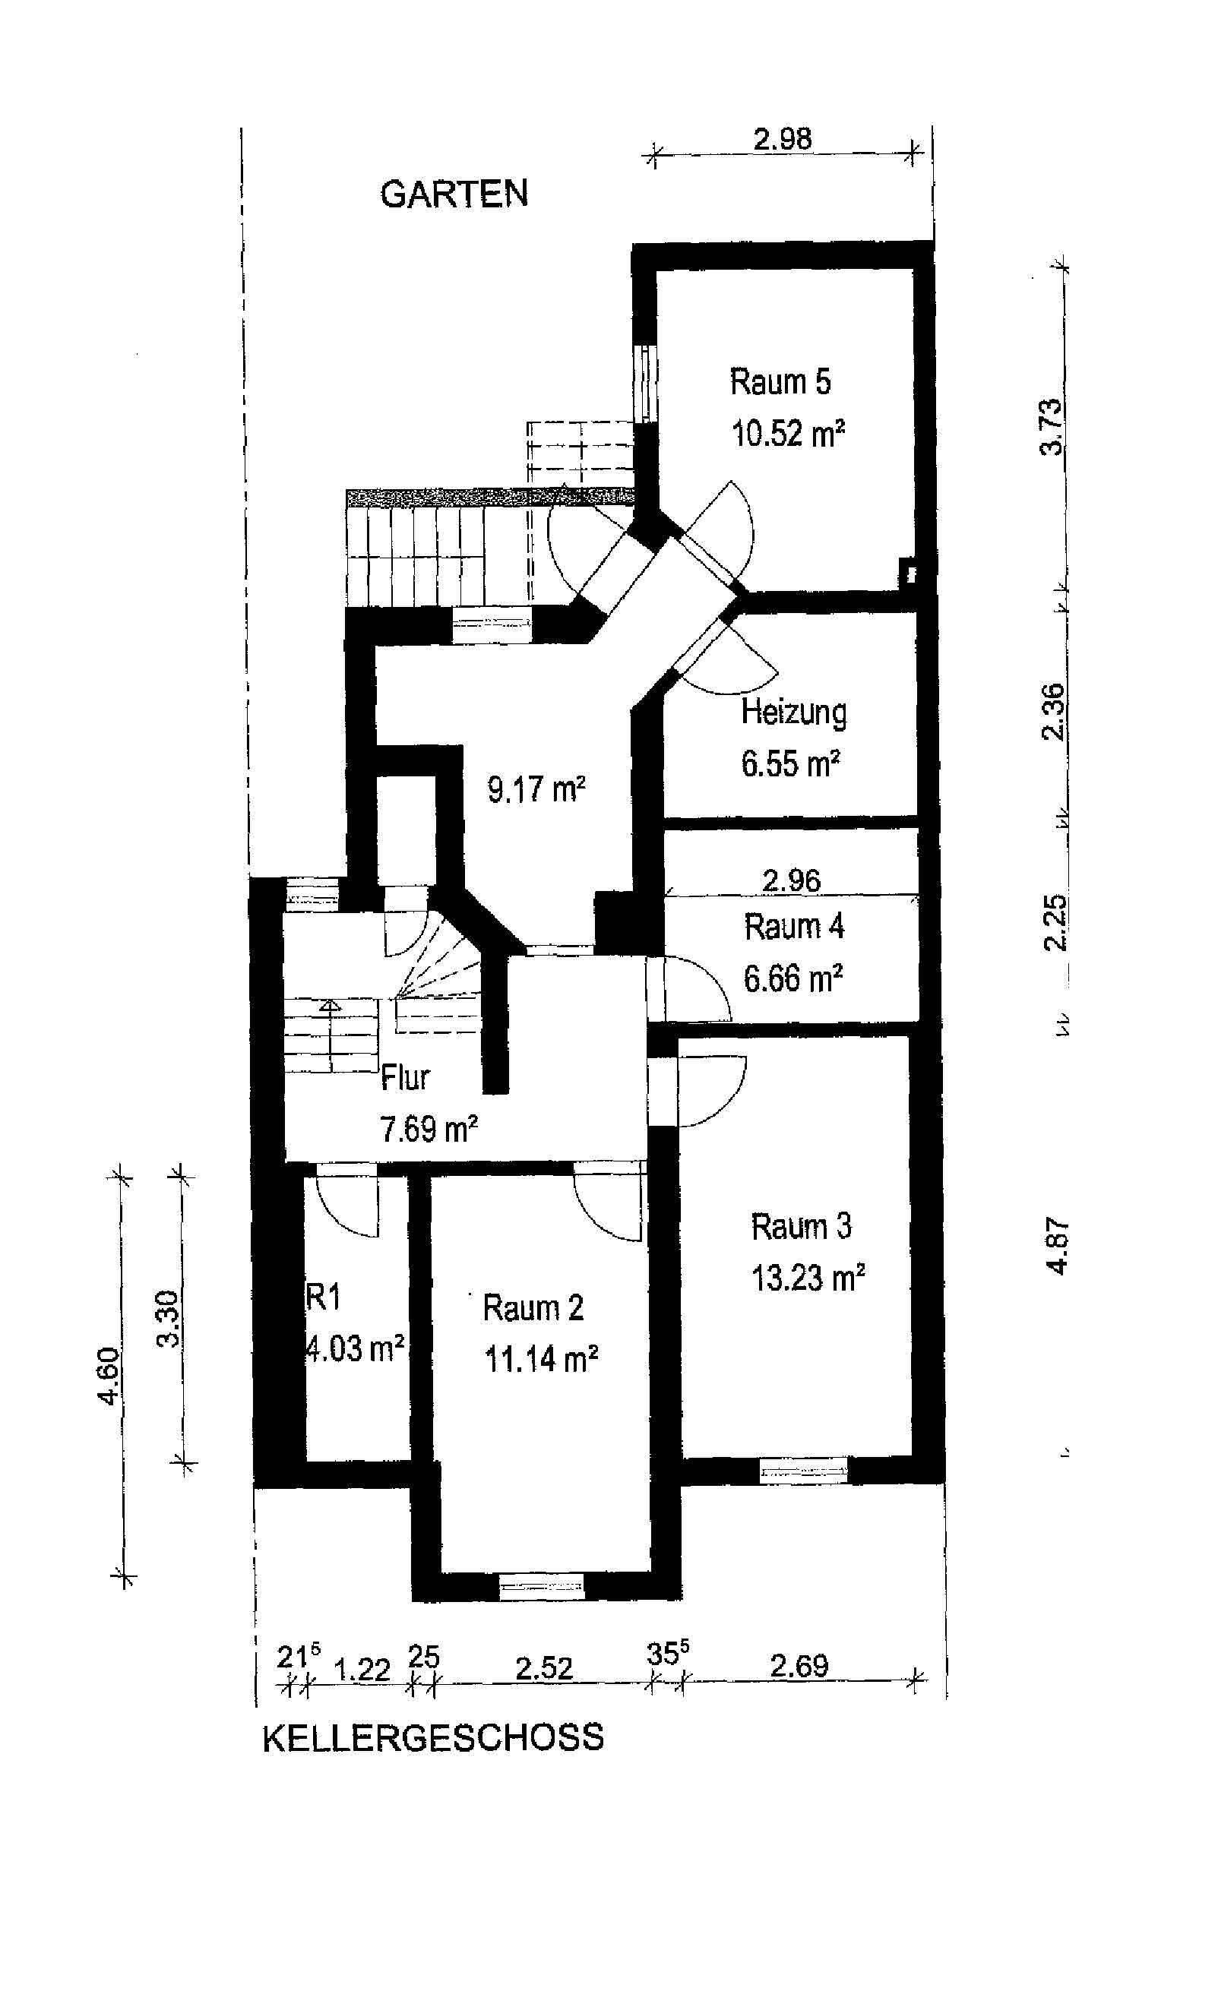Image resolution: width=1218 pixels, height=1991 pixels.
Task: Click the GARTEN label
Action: coord(454,194)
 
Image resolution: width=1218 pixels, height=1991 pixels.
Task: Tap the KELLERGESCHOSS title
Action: coord(432,1737)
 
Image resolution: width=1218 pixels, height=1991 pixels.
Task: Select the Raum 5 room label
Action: coord(780,381)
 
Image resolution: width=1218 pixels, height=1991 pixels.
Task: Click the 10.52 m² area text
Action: coord(788,434)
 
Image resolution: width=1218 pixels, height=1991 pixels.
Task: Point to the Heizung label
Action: coord(794,713)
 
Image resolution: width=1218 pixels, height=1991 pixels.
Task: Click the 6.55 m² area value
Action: coord(791,763)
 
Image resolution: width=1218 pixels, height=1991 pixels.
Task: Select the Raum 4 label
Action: coord(794,927)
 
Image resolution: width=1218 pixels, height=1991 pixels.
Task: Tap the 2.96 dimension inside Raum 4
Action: coord(791,880)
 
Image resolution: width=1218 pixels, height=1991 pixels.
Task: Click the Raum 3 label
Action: coord(801,1226)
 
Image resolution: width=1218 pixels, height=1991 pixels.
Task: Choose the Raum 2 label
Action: coord(533,1307)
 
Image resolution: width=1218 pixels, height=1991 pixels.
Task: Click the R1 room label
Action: coord(323,1297)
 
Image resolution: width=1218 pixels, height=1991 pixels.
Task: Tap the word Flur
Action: coord(405,1078)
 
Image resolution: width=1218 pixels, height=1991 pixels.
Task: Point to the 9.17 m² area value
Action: coord(536,788)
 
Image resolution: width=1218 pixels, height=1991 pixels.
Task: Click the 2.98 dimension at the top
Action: coord(783,139)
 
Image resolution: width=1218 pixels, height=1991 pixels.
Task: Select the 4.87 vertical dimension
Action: coord(1058,1246)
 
